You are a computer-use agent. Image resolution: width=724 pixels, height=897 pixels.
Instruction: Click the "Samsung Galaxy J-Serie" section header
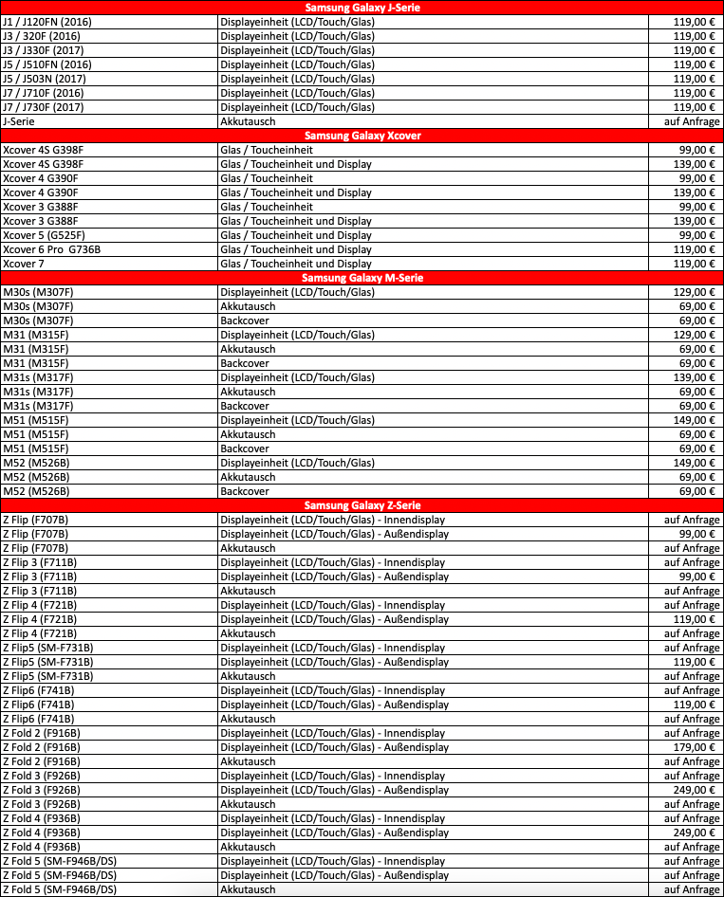[362, 8]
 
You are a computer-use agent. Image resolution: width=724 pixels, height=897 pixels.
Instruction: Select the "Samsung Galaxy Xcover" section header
[362, 136]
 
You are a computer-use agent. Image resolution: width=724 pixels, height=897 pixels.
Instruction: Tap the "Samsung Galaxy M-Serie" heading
[362, 278]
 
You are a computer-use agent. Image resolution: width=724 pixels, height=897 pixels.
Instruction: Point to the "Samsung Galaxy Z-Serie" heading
[362, 505]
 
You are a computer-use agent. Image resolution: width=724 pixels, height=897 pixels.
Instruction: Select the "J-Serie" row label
[20, 121]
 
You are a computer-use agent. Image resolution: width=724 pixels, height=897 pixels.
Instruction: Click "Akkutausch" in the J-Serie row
[248, 121]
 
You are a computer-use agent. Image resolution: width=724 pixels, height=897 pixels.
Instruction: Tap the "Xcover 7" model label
[25, 264]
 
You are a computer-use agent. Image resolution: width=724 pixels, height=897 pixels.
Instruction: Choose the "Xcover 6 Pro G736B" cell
[51, 249]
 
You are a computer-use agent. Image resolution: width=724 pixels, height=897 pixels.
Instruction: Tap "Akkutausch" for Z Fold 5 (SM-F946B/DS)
[248, 889]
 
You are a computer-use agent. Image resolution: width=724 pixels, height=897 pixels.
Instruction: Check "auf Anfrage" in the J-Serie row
[691, 121]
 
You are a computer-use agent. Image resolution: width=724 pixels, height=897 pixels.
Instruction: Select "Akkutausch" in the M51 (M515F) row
[248, 434]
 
